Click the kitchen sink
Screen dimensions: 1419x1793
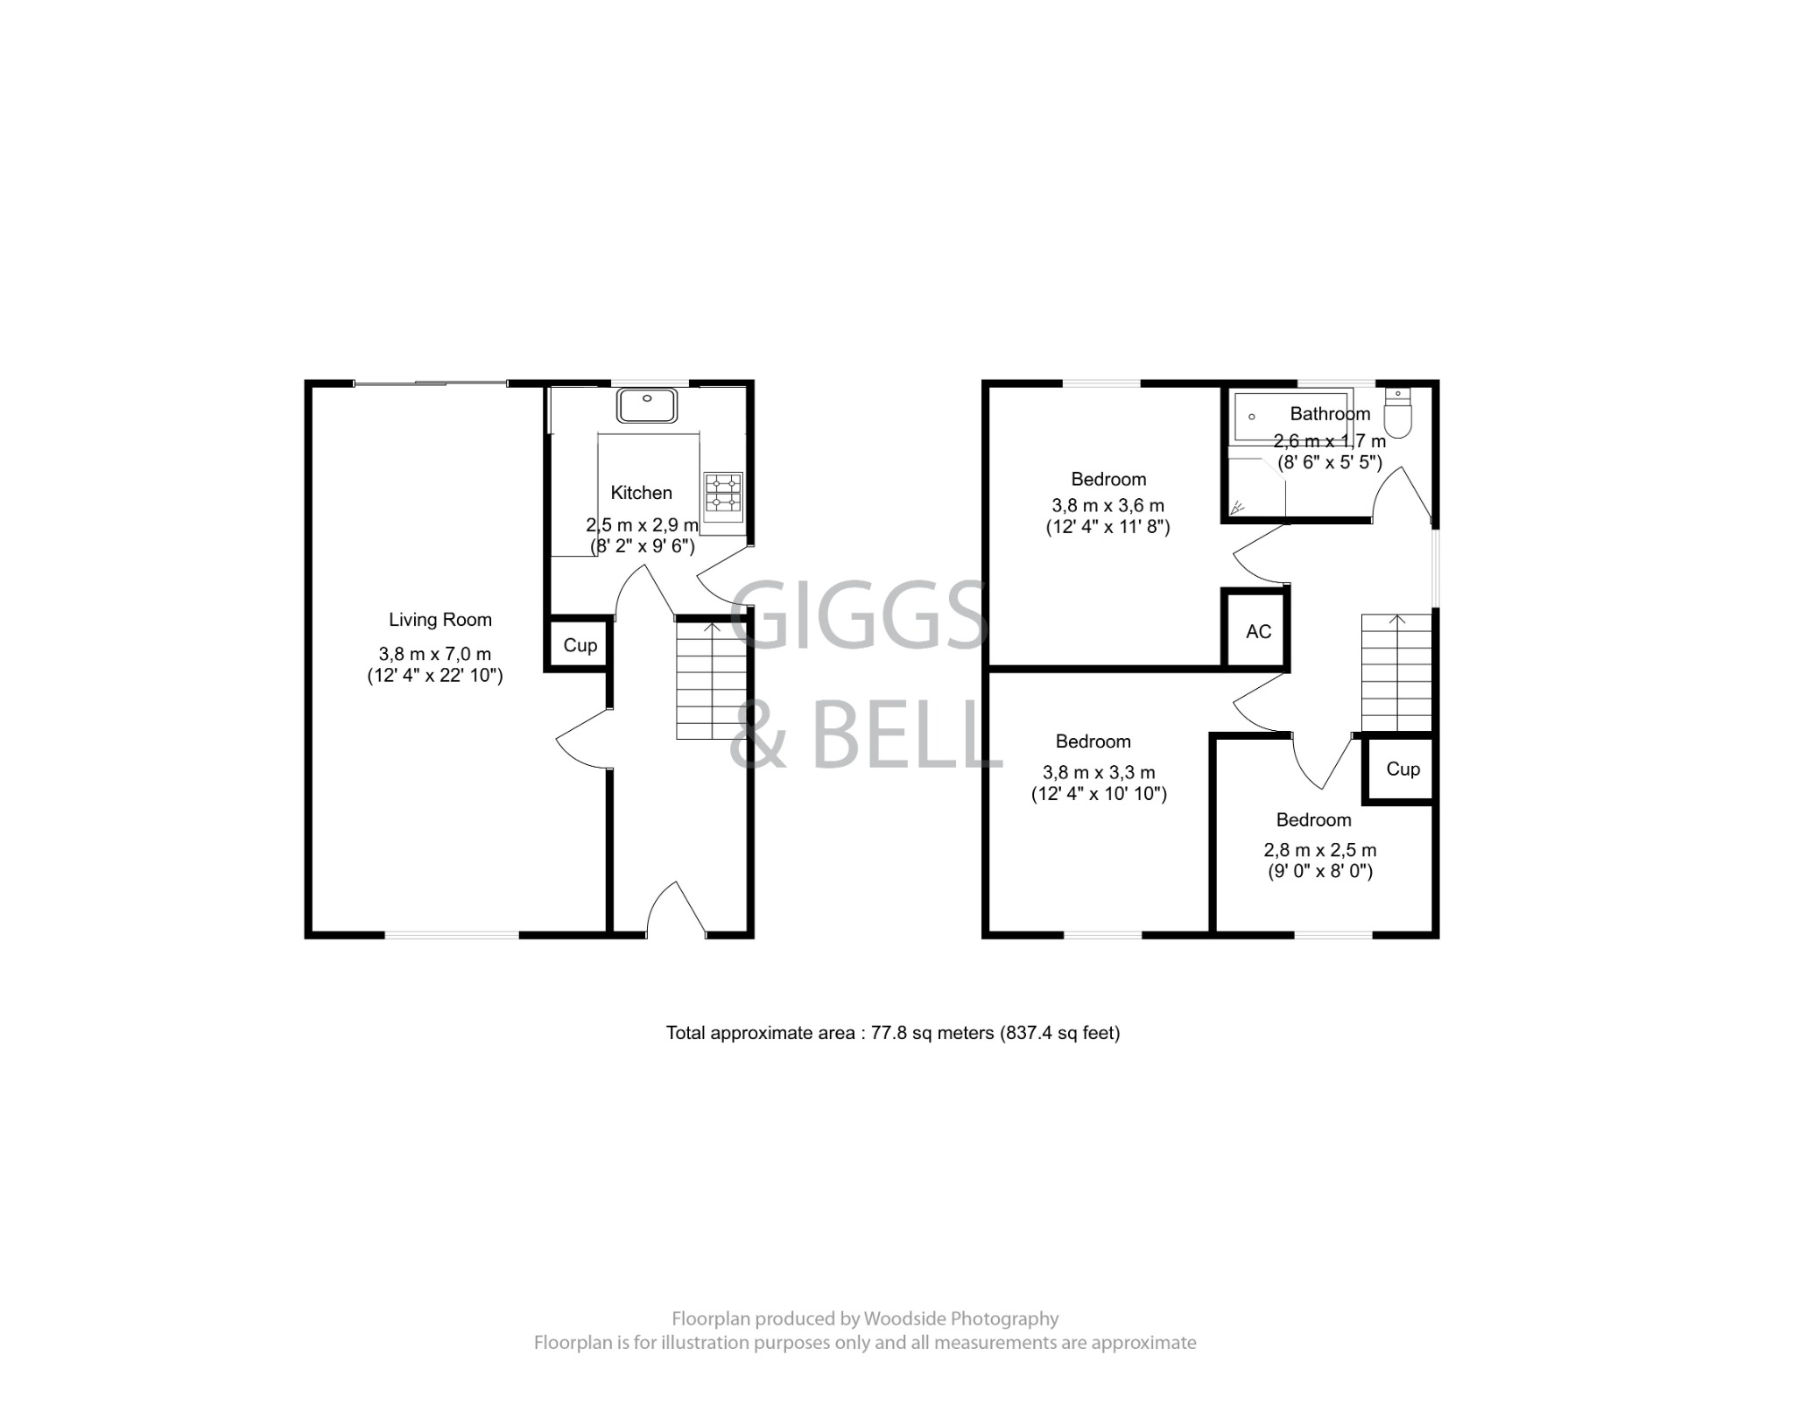647,406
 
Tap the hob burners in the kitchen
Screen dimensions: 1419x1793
723,493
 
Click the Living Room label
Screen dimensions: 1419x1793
440,620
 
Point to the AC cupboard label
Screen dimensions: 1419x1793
1258,631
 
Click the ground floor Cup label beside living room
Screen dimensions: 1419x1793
580,645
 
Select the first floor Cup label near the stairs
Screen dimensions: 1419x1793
1403,769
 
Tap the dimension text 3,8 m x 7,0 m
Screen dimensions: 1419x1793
434,654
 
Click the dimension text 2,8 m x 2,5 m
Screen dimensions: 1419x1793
1319,850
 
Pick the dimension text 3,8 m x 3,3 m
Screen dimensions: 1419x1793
1099,772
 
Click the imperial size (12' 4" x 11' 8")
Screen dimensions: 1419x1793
1107,527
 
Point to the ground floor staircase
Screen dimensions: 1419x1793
711,680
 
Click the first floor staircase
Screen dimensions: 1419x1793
1396,672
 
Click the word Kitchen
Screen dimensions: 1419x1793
641,493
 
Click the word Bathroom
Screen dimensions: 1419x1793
1330,413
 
